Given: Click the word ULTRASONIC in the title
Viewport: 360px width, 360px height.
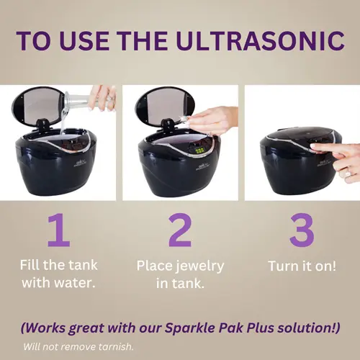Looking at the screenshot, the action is click(x=260, y=40).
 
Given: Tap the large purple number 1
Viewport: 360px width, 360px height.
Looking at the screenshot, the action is click(x=59, y=230).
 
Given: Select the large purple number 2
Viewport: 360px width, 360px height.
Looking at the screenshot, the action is click(x=180, y=230).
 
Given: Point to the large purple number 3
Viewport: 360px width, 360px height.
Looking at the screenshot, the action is click(x=302, y=230).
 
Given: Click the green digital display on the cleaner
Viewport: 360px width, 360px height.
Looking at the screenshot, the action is click(x=199, y=151).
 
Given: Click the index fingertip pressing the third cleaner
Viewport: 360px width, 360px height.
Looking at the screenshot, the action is click(x=313, y=146).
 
